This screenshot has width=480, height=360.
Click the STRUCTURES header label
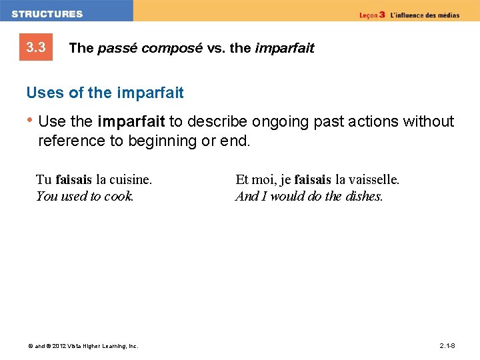coord(47,13)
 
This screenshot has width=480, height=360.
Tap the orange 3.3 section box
coord(35,47)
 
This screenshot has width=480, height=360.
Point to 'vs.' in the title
coord(213,48)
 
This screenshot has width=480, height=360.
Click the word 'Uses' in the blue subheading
coord(43,93)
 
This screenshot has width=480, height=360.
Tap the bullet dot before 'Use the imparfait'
coord(30,121)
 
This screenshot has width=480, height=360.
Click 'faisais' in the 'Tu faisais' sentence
coord(74,179)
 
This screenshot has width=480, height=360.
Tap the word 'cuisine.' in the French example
coord(131,179)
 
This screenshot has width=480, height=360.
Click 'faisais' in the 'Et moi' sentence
coord(313,179)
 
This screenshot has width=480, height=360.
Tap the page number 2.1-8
coord(447,345)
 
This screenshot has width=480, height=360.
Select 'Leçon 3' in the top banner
coord(372,15)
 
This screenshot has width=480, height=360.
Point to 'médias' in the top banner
coord(447,15)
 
